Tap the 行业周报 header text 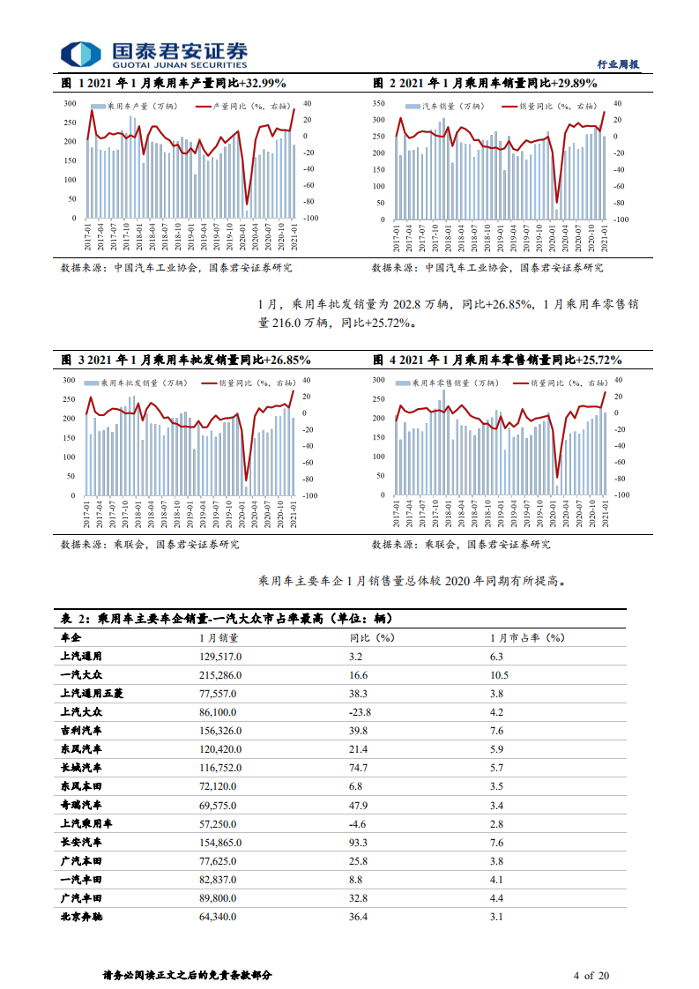click(x=617, y=64)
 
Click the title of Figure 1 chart click(x=174, y=84)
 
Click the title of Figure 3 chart click(x=185, y=361)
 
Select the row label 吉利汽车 click(x=82, y=730)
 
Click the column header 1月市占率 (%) click(x=527, y=637)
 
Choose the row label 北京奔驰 click(x=82, y=918)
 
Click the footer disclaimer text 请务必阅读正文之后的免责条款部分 click(x=187, y=976)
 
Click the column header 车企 click(x=71, y=637)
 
